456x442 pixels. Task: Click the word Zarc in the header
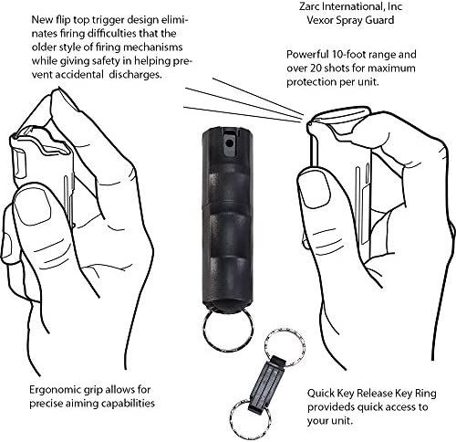coord(310,6)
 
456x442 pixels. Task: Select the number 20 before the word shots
coord(316,68)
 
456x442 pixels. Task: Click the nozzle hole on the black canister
coord(230,143)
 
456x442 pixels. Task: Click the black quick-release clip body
coord(265,384)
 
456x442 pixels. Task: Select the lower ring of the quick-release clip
coord(250,416)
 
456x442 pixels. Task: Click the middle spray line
coord(244,102)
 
